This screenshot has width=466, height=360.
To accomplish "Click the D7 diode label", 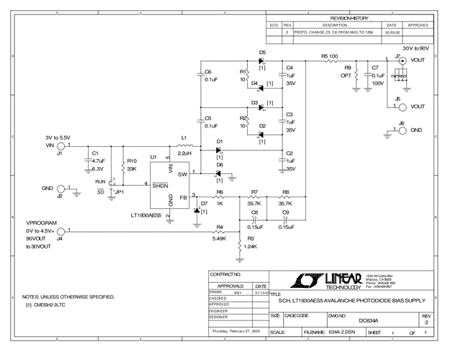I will pyautogui.click(x=204, y=204).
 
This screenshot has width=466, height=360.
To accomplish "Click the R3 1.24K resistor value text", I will pyautogui.click(x=251, y=247).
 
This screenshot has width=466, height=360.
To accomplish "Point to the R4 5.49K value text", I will pyautogui.click(x=219, y=238).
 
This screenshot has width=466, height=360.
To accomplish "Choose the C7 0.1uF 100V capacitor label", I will pyautogui.click(x=376, y=76).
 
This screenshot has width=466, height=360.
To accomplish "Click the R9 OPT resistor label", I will pyautogui.click(x=347, y=71).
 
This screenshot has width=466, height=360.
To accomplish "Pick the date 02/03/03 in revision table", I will pyautogui.click(x=393, y=32).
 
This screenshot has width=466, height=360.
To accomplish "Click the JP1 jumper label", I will pyautogui.click(x=120, y=192).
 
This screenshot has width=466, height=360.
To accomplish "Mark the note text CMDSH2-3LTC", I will pyautogui.click(x=49, y=305).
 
